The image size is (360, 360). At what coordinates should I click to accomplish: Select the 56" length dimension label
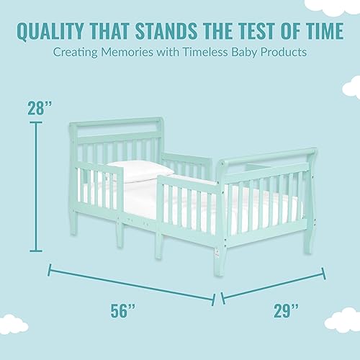(x=124, y=311)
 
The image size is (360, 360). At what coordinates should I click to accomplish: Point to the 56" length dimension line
(x=130, y=284)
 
